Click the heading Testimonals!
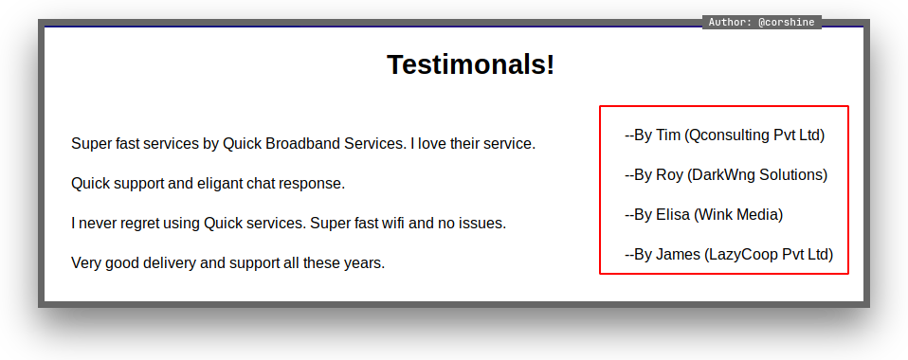[x=470, y=64]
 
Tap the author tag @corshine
[x=787, y=23]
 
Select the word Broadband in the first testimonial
[x=302, y=144]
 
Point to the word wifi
[x=393, y=223]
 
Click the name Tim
[x=667, y=135]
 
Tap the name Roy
[x=669, y=175]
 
